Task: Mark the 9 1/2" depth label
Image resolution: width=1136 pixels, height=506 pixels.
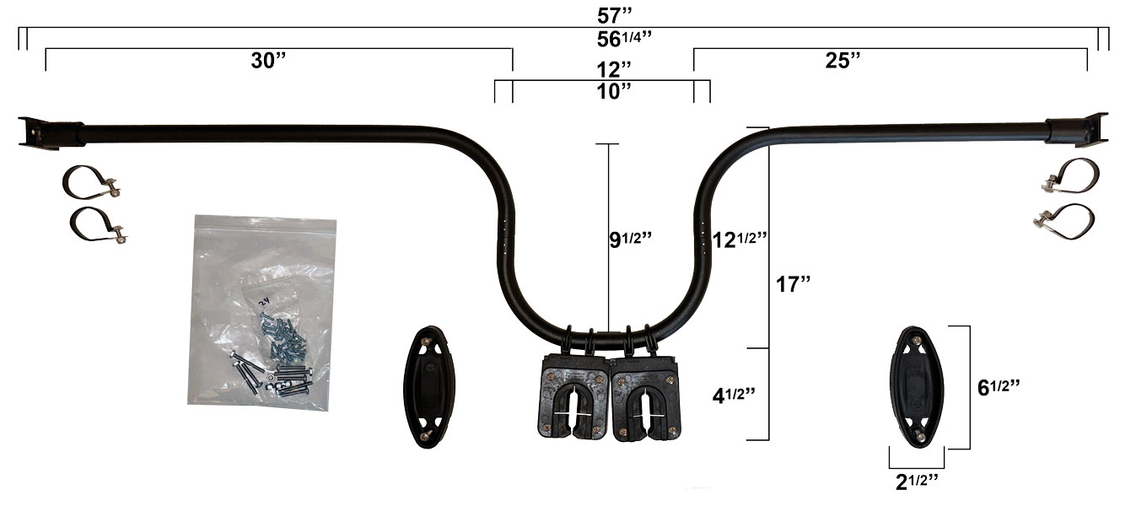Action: pyautogui.click(x=632, y=240)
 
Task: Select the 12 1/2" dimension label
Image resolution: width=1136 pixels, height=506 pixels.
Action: pyautogui.click(x=738, y=239)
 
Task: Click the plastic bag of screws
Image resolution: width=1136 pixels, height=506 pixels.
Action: pyautogui.click(x=261, y=312)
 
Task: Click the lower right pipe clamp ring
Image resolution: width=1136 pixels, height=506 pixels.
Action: pyautogui.click(x=1064, y=221)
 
